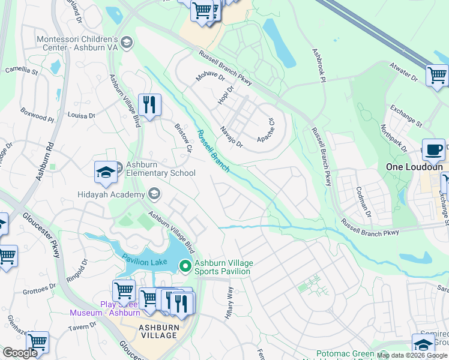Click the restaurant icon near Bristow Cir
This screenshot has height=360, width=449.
(149, 105)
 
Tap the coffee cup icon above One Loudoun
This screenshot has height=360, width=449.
(433, 149)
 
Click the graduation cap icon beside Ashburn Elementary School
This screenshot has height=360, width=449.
(106, 172)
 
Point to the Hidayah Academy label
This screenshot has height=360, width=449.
(111, 194)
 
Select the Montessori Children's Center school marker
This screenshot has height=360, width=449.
(126, 43)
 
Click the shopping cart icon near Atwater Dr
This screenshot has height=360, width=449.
(437, 76)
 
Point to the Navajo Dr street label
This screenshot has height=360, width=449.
(231, 137)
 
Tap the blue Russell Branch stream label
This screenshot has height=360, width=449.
(213, 152)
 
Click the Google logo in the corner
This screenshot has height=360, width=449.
(20, 353)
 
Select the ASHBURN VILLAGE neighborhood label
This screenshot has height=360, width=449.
(158, 331)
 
